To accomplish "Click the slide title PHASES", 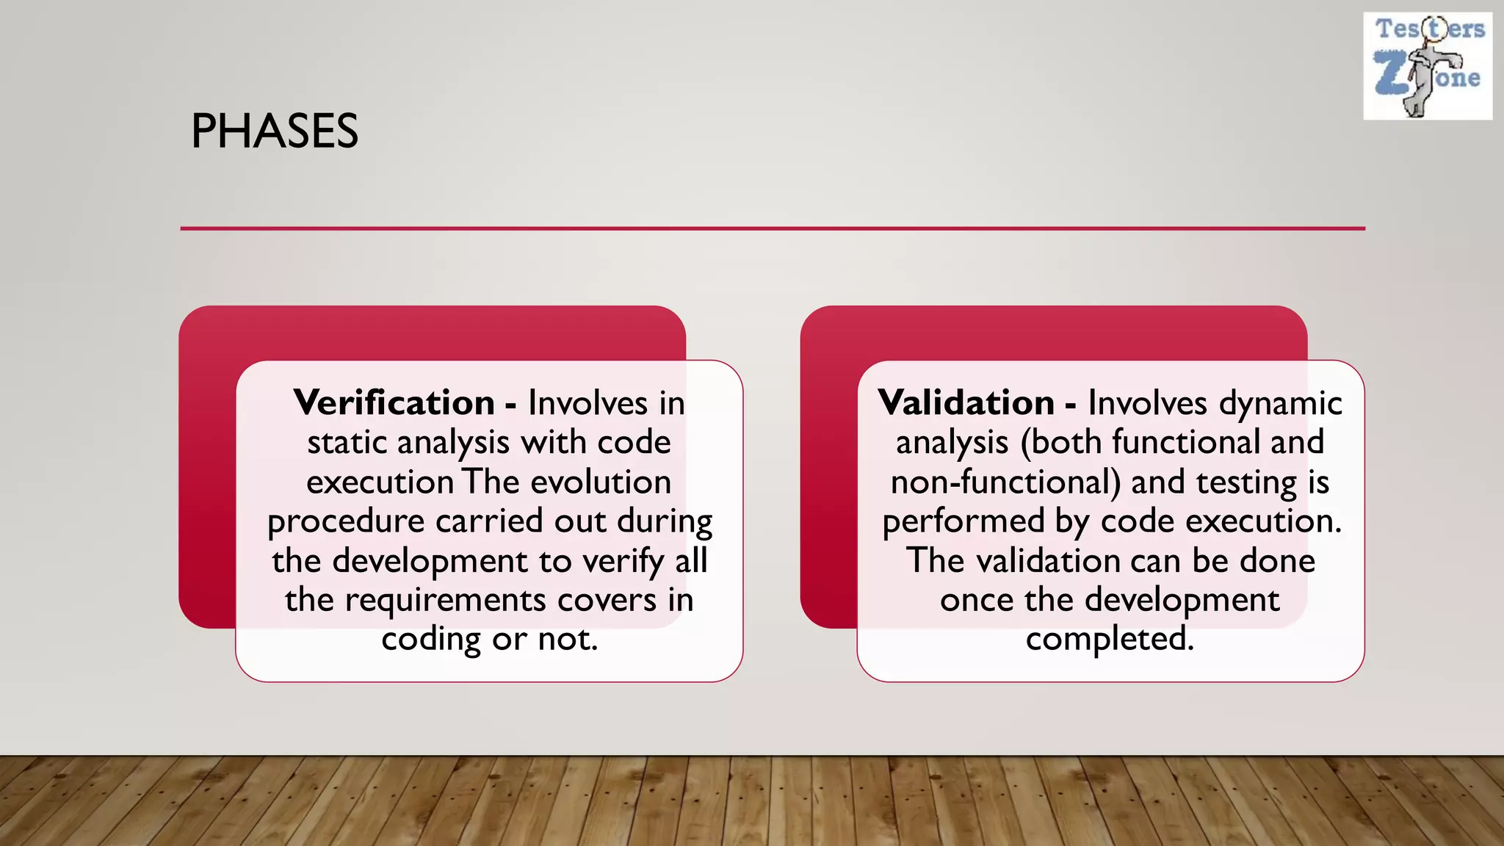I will point(275,131).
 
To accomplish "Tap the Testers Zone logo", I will point(1428,66).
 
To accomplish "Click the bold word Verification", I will point(394,402).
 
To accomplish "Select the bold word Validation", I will point(966,402).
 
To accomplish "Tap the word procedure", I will point(346,522).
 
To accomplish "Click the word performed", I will point(963,522).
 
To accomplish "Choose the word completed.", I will point(1110,639).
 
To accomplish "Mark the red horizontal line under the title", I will point(773,228).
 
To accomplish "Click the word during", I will point(665,522).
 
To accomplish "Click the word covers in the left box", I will point(607,600).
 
